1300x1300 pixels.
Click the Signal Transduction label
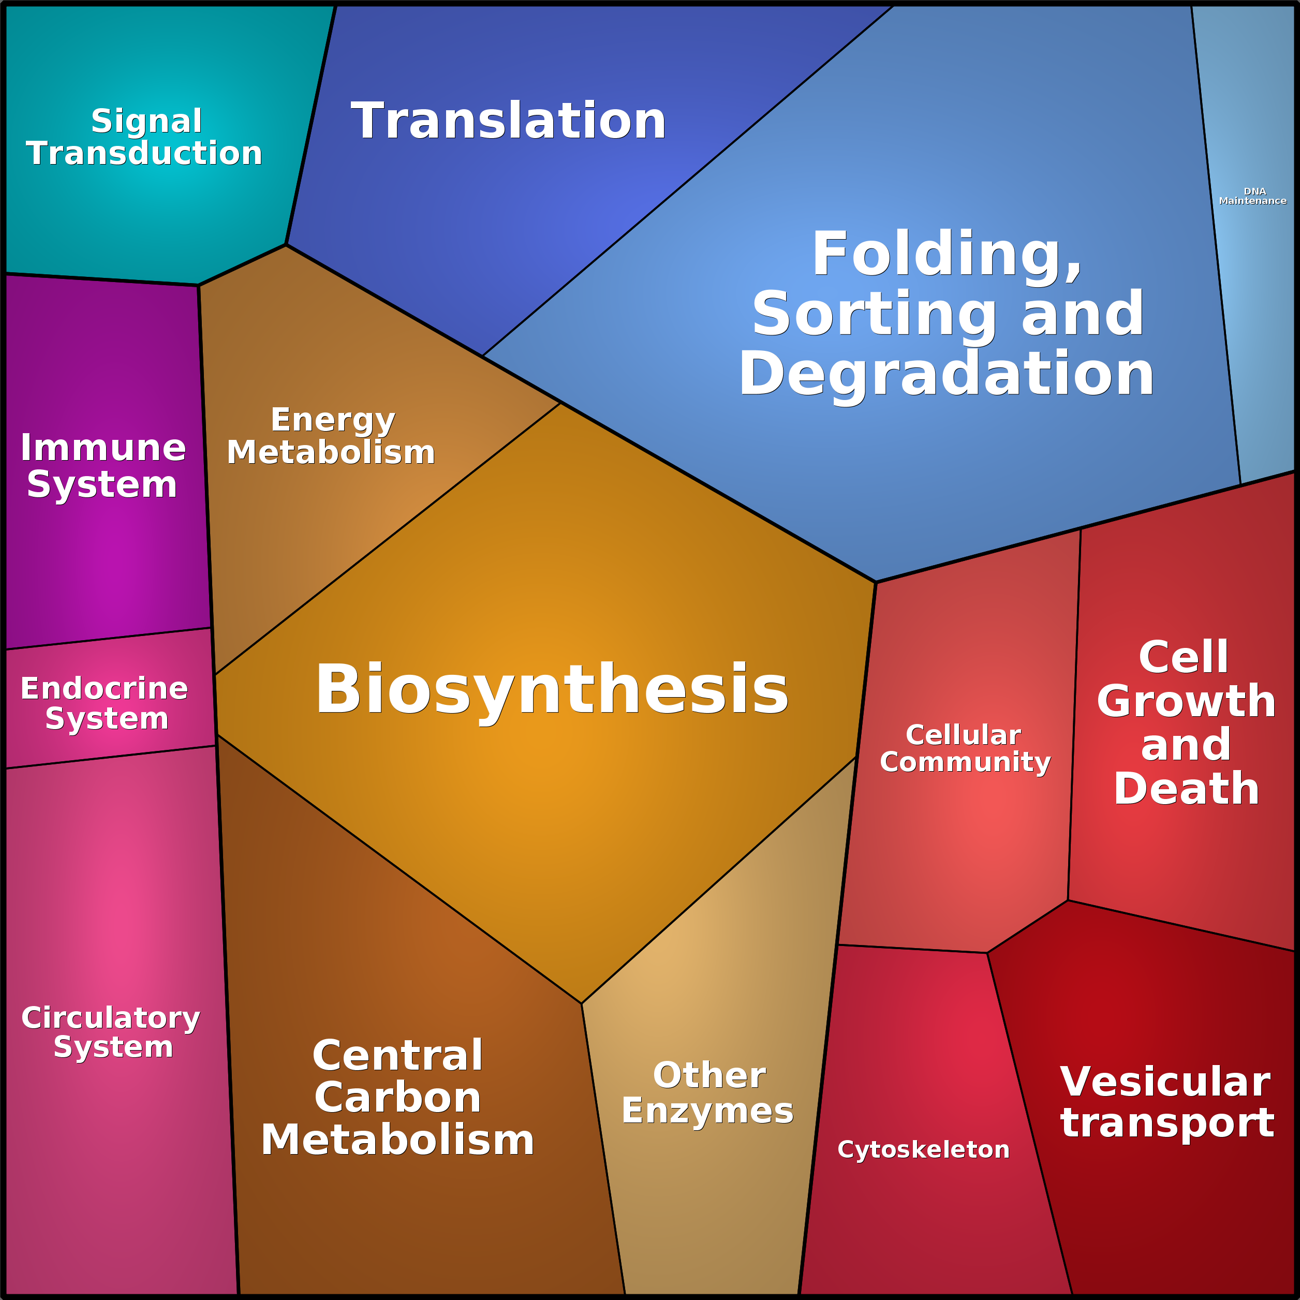click(x=144, y=137)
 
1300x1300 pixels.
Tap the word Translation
click(x=509, y=121)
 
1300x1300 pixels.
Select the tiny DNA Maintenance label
click(x=1252, y=196)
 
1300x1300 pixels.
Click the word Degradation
click(x=946, y=374)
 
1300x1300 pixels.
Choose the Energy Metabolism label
click(x=331, y=436)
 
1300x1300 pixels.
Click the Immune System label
click(x=103, y=466)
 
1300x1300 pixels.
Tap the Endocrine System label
click(x=105, y=703)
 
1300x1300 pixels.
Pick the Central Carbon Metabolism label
click(x=397, y=1098)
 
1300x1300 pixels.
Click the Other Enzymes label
click(x=708, y=1094)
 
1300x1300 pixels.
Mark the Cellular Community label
click(x=965, y=749)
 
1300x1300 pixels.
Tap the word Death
click(x=1186, y=789)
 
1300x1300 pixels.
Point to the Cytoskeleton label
click(x=923, y=1149)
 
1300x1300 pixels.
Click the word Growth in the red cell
click(x=1186, y=701)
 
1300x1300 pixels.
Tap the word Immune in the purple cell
click(x=103, y=448)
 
